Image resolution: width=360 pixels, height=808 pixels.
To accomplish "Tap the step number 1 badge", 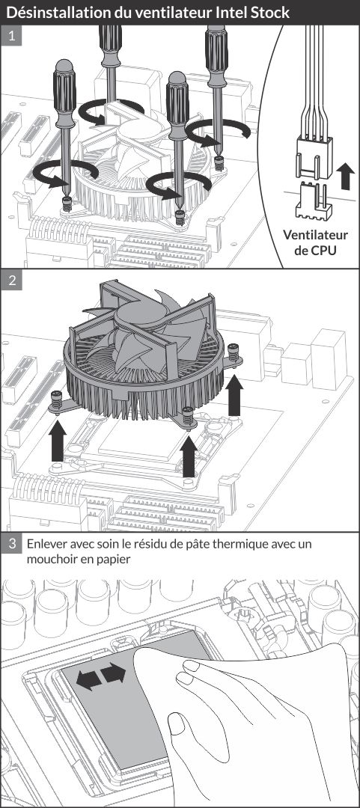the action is [11, 37].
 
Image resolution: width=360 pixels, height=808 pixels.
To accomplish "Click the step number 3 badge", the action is [11, 544].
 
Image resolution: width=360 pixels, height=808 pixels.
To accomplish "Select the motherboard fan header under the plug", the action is [313, 200].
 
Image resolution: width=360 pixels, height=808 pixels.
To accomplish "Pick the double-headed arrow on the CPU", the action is [101, 676].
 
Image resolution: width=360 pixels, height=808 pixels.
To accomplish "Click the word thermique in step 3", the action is [242, 544].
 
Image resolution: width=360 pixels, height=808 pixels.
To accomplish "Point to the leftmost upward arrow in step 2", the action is [57, 441].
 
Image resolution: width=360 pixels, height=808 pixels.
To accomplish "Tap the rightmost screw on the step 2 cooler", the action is [234, 353].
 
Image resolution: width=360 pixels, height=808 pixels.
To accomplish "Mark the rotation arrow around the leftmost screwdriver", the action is [65, 174].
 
